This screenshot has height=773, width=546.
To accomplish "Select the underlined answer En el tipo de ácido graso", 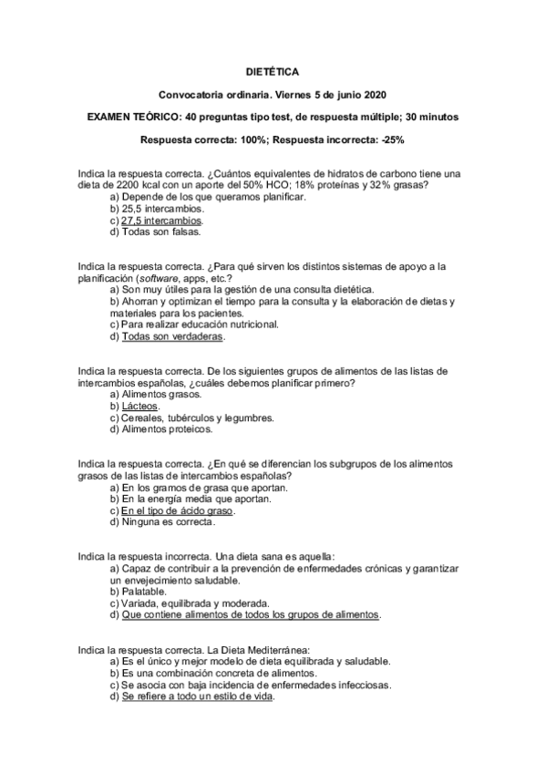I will point(178,510).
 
